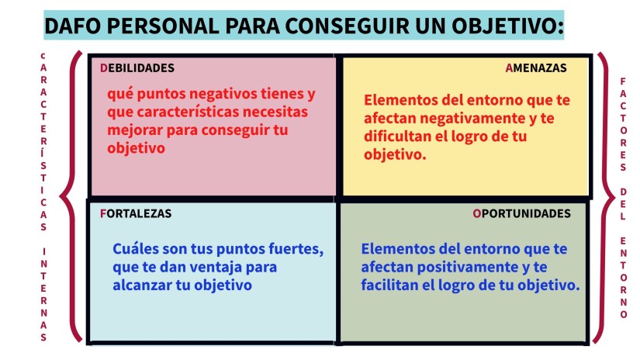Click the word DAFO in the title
pos(74,26)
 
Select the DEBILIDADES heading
pos(137,67)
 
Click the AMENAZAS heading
pos(536,67)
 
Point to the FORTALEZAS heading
pos(136,213)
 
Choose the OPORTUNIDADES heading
pos(521,213)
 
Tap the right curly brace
pos(603,198)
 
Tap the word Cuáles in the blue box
pos(137,250)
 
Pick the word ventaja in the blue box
pos(223,267)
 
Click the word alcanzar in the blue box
pos(140,285)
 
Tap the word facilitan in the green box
pos(392,285)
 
